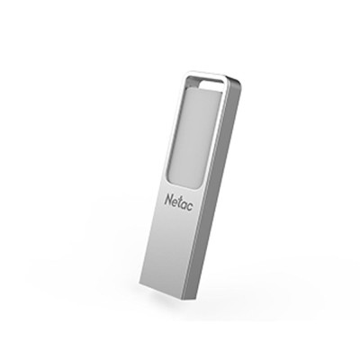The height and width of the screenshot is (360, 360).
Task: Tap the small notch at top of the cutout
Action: point(212,86)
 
